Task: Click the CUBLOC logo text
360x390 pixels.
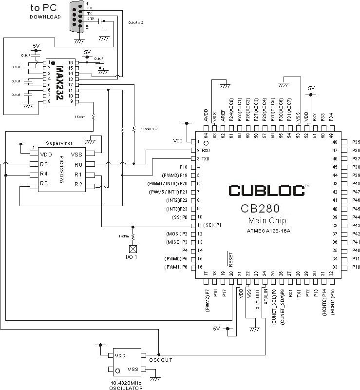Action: pyautogui.click(x=265, y=190)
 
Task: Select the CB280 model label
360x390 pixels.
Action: pyautogui.click(x=260, y=209)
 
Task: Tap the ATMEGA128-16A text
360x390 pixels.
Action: pyautogui.click(x=265, y=231)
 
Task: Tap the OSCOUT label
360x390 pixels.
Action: pyautogui.click(x=161, y=360)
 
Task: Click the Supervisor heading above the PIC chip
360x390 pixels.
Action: pyautogui.click(x=59, y=143)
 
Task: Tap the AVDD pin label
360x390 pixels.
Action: pyautogui.click(x=206, y=116)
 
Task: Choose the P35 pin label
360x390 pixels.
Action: pyautogui.click(x=356, y=142)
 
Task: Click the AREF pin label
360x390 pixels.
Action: pyautogui.click(x=223, y=116)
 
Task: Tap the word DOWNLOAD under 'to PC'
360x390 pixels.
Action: pyautogui.click(x=45, y=17)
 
